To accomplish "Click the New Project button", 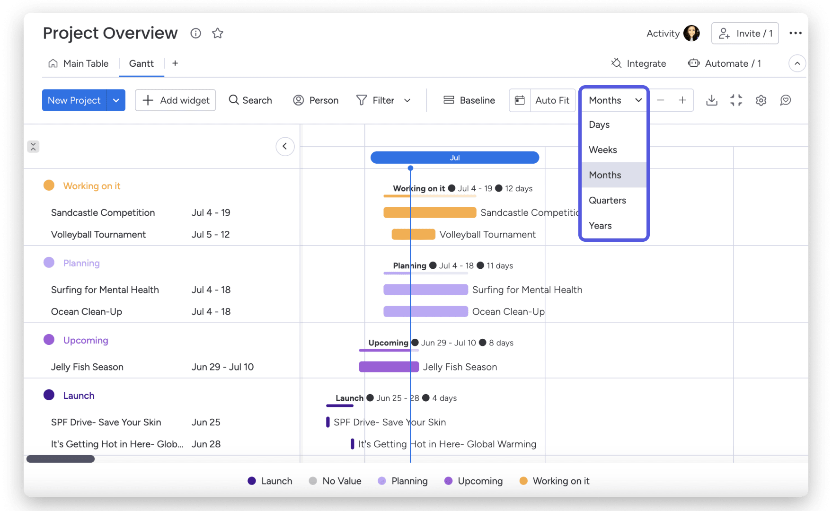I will coord(74,100).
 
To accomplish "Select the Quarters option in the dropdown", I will coord(607,200).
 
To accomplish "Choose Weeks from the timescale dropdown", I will coord(602,150).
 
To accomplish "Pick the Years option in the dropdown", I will coord(600,226).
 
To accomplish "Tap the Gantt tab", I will coord(141,63).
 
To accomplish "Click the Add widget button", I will coord(176,100).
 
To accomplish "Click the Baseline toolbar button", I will coord(469,100).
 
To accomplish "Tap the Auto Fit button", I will coord(552,100).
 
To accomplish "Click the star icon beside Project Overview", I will coord(218,33).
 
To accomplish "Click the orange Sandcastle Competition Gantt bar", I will coord(430,212).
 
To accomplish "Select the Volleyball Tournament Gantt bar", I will coord(413,234).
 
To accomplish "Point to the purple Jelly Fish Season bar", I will coord(389,367).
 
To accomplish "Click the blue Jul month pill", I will coord(454,158).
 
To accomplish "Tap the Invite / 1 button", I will coord(745,34).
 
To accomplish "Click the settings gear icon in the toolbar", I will coord(761,100).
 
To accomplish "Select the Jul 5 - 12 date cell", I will coord(211,234).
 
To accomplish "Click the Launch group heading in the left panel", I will coord(79,396).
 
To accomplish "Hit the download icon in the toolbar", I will coord(711,100).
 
